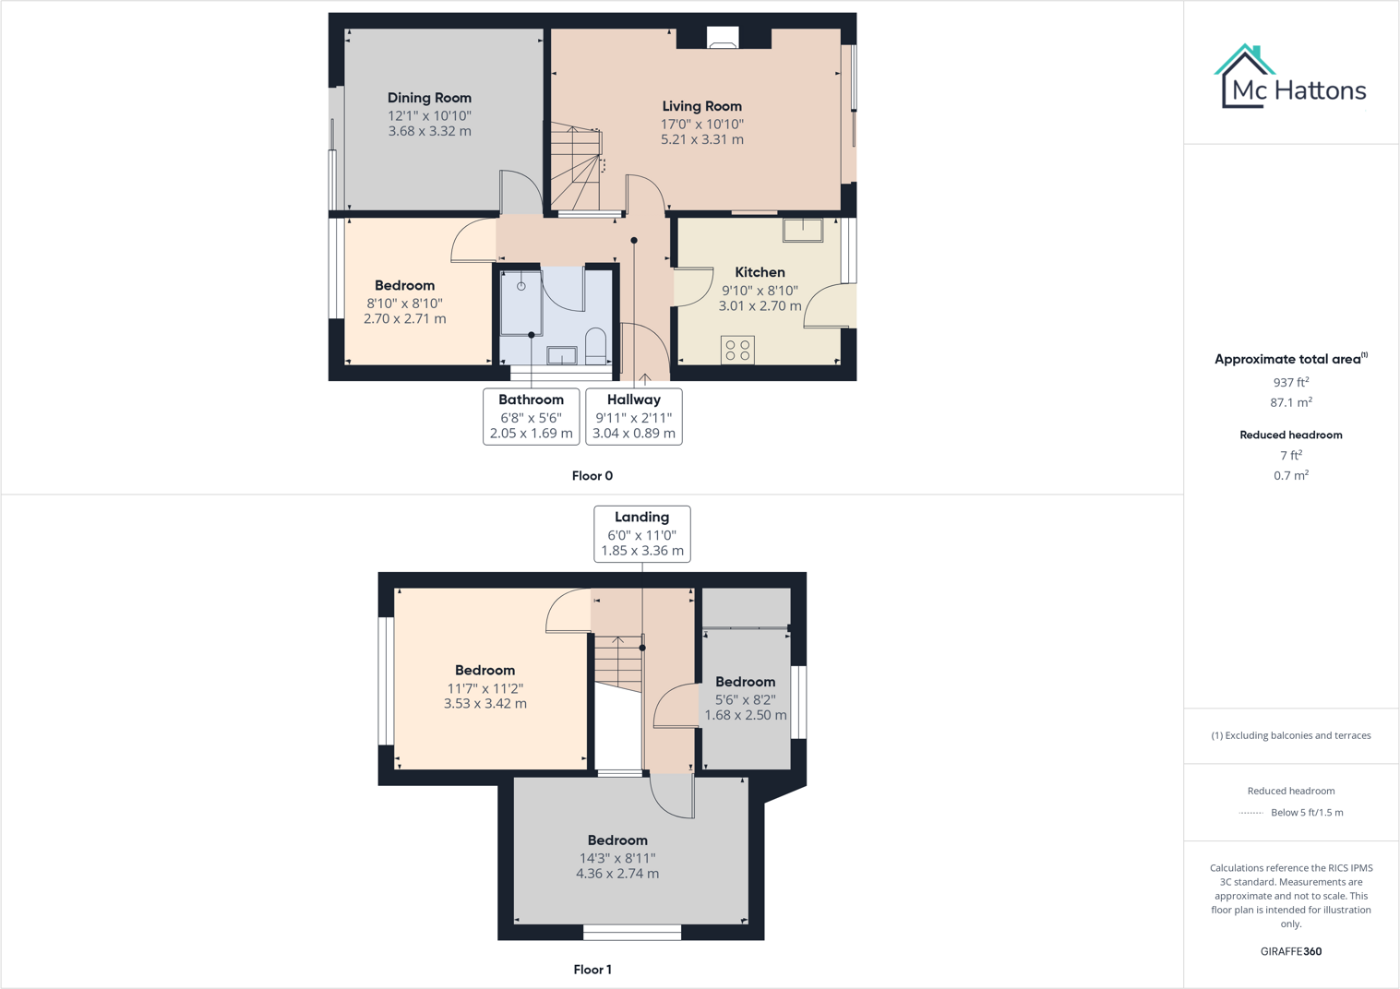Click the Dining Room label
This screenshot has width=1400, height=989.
(429, 98)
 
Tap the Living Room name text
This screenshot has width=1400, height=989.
(701, 106)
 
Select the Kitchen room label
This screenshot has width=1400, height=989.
(760, 272)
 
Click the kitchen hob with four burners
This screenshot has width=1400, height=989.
(737, 350)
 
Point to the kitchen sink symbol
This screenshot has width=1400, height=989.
(803, 229)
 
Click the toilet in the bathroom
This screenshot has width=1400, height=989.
(595, 346)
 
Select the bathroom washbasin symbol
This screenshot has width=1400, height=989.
(561, 354)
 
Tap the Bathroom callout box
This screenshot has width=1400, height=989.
(532, 416)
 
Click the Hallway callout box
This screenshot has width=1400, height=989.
(634, 416)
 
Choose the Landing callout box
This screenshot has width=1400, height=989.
(642, 533)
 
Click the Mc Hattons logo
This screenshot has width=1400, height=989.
(1290, 77)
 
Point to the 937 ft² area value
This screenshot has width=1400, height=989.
(1290, 382)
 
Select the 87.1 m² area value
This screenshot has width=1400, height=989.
(1290, 402)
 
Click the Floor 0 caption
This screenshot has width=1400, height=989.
(592, 476)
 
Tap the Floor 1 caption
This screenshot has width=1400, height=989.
(592, 970)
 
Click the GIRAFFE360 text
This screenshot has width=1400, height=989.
(1290, 951)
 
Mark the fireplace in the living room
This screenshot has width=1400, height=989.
(723, 38)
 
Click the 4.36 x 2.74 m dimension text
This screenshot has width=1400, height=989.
(617, 874)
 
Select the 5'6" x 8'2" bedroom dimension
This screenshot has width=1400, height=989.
(745, 699)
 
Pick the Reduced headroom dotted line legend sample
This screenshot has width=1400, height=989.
(1250, 813)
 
